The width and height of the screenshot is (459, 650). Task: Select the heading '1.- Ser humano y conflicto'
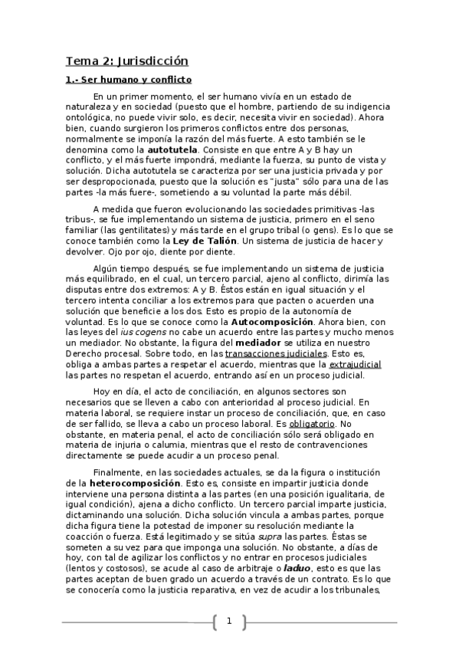click(x=127, y=80)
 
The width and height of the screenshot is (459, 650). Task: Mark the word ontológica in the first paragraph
click(x=93, y=119)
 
